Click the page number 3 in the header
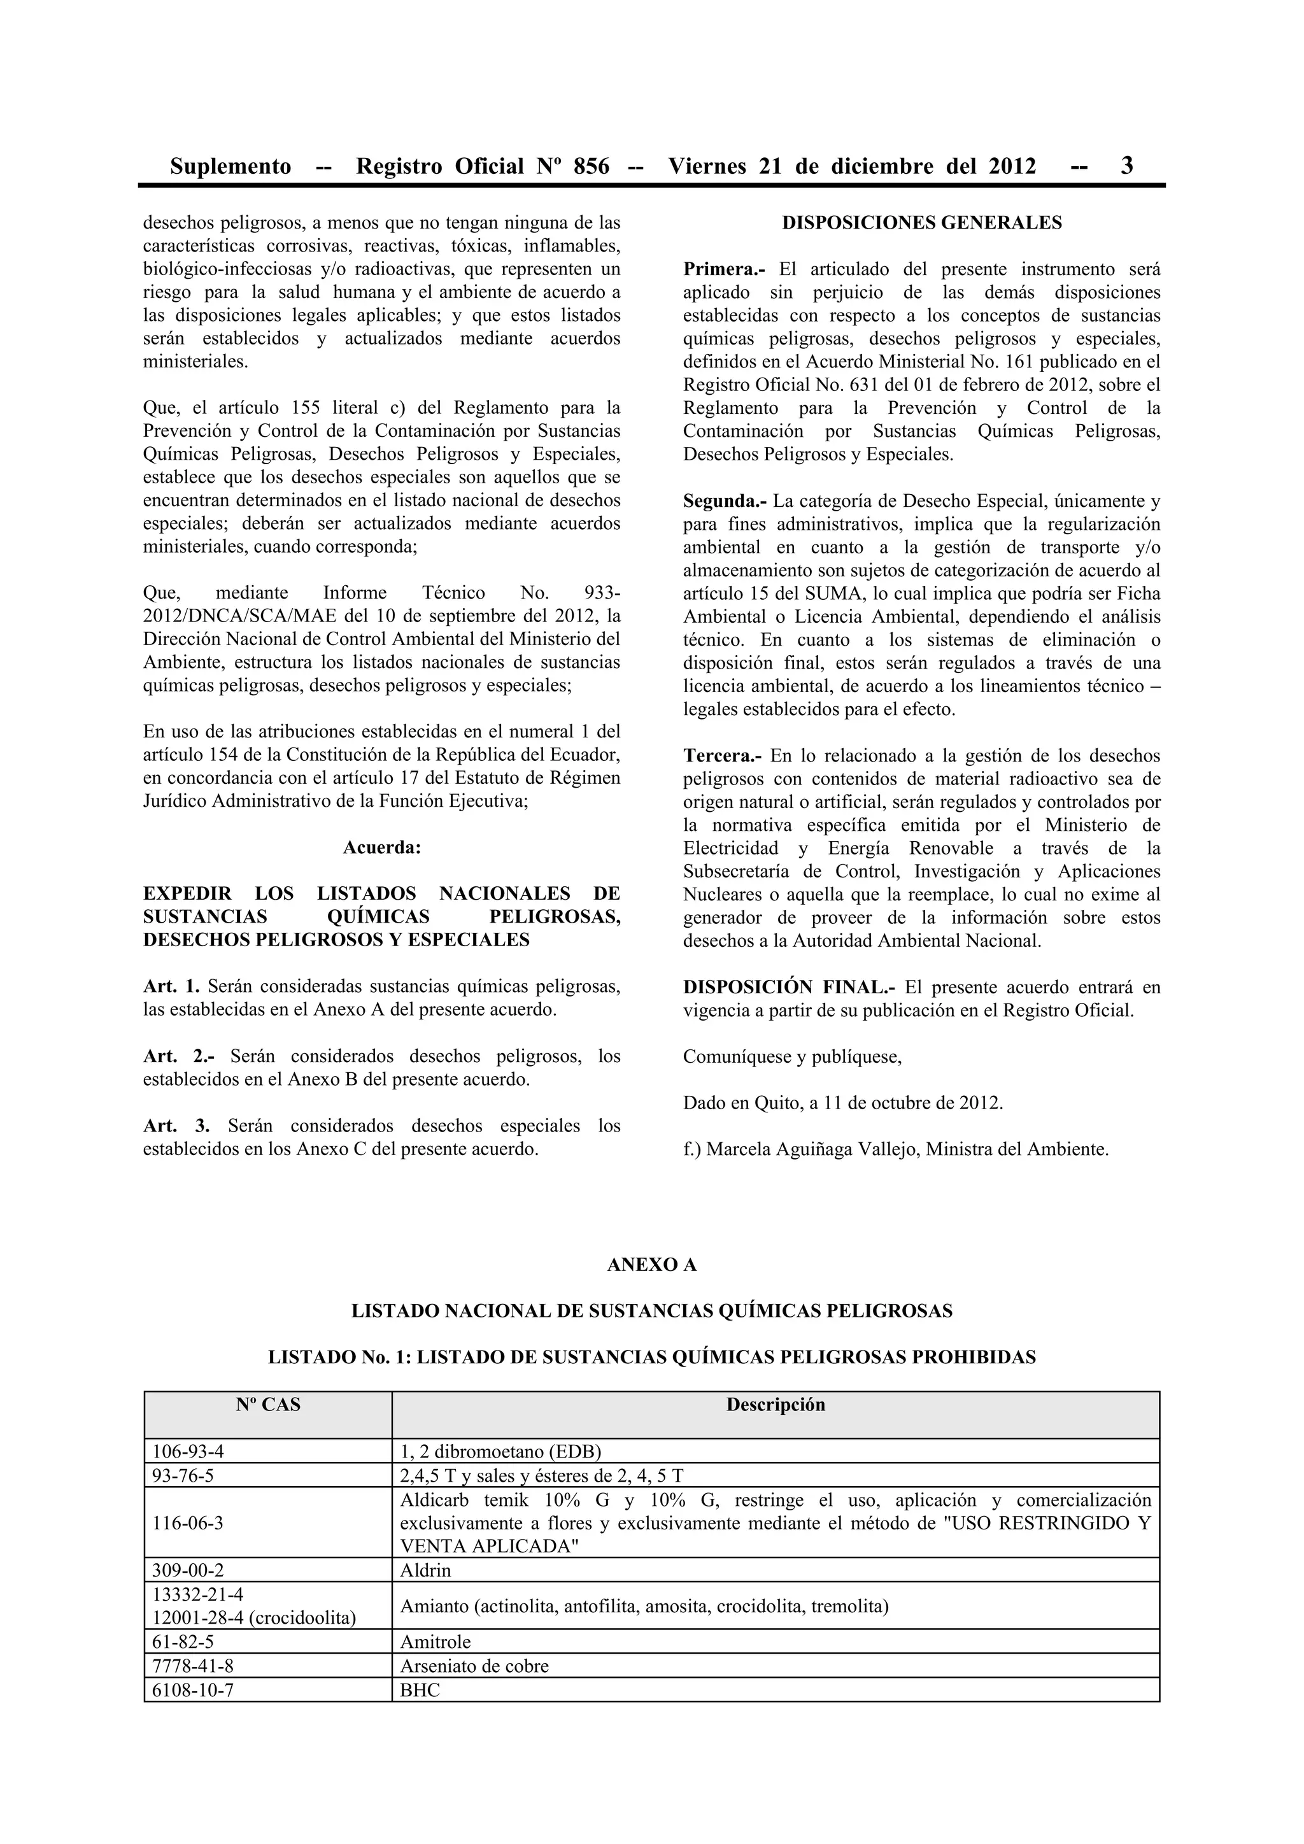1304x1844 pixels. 1126,166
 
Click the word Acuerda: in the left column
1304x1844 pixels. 381,848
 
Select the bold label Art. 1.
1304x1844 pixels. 171,986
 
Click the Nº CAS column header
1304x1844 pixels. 267,1405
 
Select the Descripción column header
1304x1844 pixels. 775,1405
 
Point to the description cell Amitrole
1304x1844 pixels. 436,1642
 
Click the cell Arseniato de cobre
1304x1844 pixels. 474,1666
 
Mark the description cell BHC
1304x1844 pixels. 420,1690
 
